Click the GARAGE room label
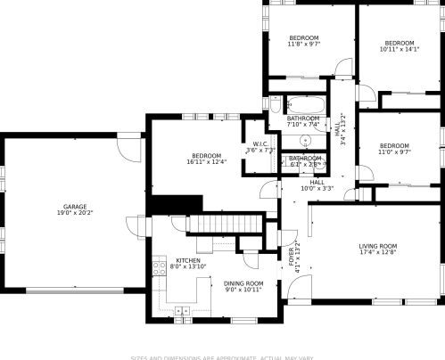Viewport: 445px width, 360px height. (x=74, y=207)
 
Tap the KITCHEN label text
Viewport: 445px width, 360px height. (x=175, y=260)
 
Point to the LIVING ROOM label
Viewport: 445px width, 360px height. (x=377, y=246)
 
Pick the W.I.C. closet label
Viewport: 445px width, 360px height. (x=260, y=144)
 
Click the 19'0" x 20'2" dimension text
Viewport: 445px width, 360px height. (x=75, y=213)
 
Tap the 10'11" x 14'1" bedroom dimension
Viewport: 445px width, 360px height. (x=399, y=50)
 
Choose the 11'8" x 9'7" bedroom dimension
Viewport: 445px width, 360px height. (x=303, y=44)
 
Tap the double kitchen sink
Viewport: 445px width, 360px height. (x=183, y=310)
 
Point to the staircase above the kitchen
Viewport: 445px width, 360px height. (x=227, y=223)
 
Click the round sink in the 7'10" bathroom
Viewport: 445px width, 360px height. (x=305, y=140)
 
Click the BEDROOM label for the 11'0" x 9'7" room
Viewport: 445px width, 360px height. (x=393, y=146)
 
